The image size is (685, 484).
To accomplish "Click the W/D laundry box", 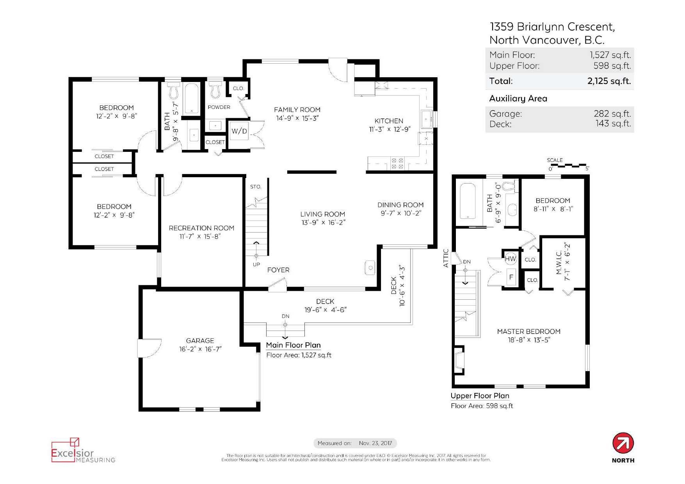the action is (x=239, y=131).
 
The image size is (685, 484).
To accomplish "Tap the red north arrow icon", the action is (x=623, y=443).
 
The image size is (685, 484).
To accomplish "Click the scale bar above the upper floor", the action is (x=568, y=165).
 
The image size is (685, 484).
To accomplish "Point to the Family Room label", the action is (x=297, y=110).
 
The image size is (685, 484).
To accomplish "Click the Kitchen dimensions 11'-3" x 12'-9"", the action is (x=390, y=129).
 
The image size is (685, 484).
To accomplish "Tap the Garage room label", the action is (x=200, y=341).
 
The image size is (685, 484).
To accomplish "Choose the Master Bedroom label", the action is (x=528, y=331).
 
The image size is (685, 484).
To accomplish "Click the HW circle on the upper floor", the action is (x=510, y=258).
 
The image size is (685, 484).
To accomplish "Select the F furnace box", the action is (x=511, y=277).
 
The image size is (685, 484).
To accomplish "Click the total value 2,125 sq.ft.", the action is (x=609, y=81).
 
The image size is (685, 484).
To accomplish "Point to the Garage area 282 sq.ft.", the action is (x=612, y=114).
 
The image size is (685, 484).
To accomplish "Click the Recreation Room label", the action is (x=201, y=228).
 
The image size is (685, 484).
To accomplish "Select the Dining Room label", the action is (x=400, y=205).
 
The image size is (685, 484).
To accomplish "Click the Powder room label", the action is (x=219, y=107).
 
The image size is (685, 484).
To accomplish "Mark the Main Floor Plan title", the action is (x=293, y=345).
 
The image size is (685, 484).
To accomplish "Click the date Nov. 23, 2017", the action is (x=375, y=443).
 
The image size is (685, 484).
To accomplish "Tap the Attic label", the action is (x=446, y=258).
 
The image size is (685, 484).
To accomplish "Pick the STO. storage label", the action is (x=256, y=187).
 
